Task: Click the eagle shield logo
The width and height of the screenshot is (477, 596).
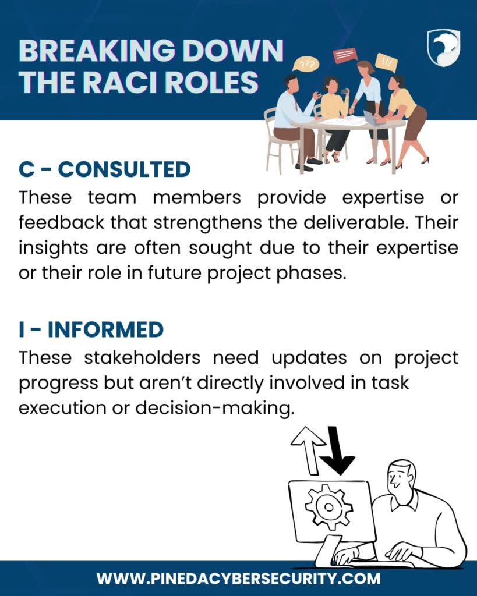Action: point(444,48)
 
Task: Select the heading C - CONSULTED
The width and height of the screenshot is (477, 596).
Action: point(105,169)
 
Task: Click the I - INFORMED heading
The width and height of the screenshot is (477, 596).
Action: point(91,329)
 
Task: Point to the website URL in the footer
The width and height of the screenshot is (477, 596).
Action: point(239,579)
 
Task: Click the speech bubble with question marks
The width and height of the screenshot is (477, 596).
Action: point(306,64)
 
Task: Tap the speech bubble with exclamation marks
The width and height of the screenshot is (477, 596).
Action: point(387,62)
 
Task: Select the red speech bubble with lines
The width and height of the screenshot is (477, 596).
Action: point(345,55)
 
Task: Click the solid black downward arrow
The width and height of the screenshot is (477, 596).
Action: point(337,451)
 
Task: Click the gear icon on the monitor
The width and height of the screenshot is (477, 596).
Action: point(328,507)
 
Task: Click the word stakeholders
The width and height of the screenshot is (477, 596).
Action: point(142,358)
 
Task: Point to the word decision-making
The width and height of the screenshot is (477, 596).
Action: point(215,409)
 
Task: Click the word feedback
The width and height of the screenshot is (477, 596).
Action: point(61,222)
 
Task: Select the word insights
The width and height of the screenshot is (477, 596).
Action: point(53,248)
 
